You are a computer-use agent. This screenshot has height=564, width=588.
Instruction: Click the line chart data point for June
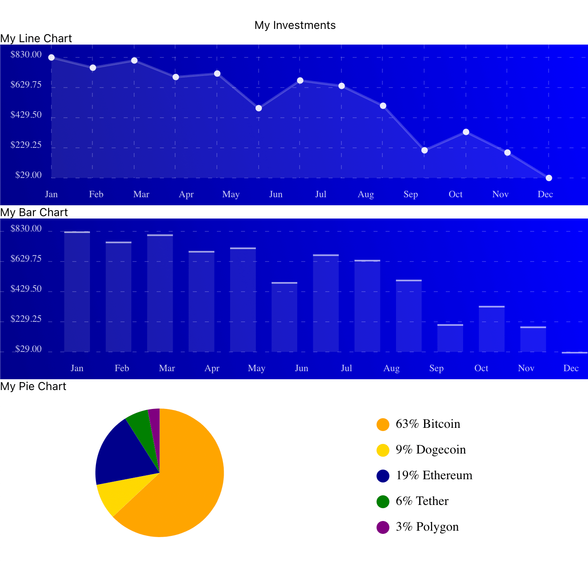pyautogui.click(x=259, y=108)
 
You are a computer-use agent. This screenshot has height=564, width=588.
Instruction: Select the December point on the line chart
pyautogui.click(x=549, y=178)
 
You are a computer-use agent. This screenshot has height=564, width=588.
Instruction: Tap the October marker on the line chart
pyautogui.click(x=466, y=132)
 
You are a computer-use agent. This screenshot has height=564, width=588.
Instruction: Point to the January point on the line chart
pyautogui.click(x=51, y=57)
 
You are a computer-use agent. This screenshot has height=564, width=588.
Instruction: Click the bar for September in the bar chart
pyautogui.click(x=450, y=338)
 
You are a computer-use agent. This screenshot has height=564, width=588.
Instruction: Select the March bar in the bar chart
pyautogui.click(x=160, y=293)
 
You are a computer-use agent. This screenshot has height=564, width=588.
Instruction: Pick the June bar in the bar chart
pyautogui.click(x=284, y=317)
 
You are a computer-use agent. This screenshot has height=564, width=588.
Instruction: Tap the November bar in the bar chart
pyautogui.click(x=533, y=339)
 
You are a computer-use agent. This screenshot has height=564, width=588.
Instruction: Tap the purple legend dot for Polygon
pyautogui.click(x=383, y=527)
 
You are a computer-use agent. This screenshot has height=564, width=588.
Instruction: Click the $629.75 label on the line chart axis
pyautogui.click(x=26, y=85)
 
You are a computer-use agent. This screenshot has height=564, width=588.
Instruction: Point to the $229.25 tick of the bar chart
pyautogui.click(x=26, y=319)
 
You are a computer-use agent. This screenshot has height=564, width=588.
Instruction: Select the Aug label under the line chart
pyautogui.click(x=365, y=194)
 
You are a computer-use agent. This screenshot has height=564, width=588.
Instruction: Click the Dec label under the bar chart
pyautogui.click(x=571, y=368)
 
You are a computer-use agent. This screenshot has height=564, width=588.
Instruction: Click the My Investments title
pyautogui.click(x=295, y=25)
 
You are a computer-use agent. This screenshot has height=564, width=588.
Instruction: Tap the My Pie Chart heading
pyautogui.click(x=33, y=386)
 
